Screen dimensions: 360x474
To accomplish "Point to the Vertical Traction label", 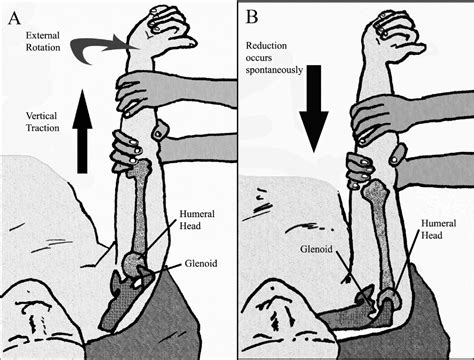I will (47, 121).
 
